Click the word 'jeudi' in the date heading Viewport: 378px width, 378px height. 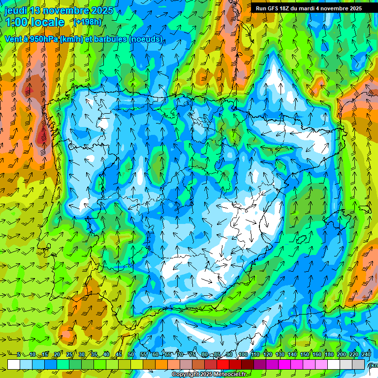point(17,10)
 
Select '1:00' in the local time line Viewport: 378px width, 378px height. point(18,22)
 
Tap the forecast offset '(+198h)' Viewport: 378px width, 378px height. point(87,22)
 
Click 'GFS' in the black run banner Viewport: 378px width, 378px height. point(274,8)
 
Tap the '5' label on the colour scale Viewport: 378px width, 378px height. point(18,355)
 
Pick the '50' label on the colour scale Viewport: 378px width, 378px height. point(131,355)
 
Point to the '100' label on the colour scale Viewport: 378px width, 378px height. point(243,355)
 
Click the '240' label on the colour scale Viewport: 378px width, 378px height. point(366,355)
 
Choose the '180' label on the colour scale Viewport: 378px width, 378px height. point(329,355)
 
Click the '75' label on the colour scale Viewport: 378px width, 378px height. point(192,355)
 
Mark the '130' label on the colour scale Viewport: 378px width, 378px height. point(280,355)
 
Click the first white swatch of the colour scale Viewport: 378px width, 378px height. point(14,364)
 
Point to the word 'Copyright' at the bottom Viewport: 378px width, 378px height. point(186,375)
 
